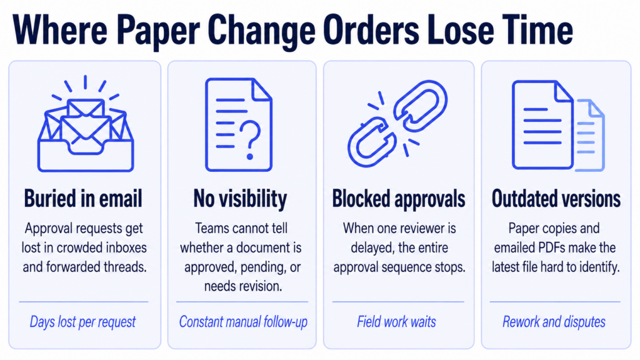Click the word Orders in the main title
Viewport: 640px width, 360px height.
pyautogui.click(x=371, y=31)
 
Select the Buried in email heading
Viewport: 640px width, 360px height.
pyautogui.click(x=83, y=199)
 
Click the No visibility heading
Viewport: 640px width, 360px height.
pyautogui.click(x=240, y=199)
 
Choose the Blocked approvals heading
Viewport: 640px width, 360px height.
pyautogui.click(x=399, y=199)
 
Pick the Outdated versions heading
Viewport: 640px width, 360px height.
pyautogui.click(x=556, y=199)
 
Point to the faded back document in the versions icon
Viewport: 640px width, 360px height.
pyautogui.click(x=591, y=136)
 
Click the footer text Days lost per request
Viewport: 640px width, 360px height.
pyautogui.click(x=83, y=322)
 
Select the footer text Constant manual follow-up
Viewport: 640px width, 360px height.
pyautogui.click(x=243, y=322)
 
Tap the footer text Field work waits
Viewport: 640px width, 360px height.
pyautogui.click(x=396, y=322)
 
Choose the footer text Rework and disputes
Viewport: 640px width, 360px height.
pyautogui.click(x=554, y=322)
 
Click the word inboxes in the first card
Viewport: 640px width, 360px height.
pyautogui.click(x=126, y=247)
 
